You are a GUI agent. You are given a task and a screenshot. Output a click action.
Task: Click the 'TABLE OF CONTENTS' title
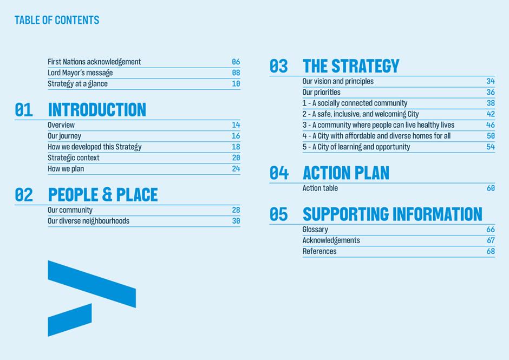pyautogui.click(x=57, y=20)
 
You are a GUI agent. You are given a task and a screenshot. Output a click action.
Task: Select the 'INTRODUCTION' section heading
pyautogui.click(x=97, y=110)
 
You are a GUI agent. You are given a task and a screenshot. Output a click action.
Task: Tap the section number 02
pyautogui.click(x=24, y=195)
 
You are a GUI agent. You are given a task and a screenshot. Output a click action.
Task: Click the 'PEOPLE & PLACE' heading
pyautogui.click(x=103, y=195)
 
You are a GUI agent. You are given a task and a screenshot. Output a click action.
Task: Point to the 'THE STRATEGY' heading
pyautogui.click(x=351, y=66)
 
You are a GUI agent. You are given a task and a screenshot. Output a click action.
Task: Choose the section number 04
pyautogui.click(x=279, y=173)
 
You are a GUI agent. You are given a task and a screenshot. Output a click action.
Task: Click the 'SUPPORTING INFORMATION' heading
pyautogui.click(x=393, y=214)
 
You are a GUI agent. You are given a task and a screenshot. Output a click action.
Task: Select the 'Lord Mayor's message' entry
pyautogui.click(x=80, y=73)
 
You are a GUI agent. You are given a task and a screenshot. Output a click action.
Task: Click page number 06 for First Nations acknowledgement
pyautogui.click(x=236, y=62)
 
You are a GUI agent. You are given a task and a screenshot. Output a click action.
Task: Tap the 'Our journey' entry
pyautogui.click(x=64, y=136)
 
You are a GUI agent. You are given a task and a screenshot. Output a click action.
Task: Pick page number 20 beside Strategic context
pyautogui.click(x=236, y=158)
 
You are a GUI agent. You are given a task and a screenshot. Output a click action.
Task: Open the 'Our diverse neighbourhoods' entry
pyautogui.click(x=88, y=221)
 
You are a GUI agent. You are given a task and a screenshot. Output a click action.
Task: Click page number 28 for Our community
pyautogui.click(x=236, y=210)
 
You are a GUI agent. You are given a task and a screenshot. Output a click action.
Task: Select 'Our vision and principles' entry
pyautogui.click(x=338, y=82)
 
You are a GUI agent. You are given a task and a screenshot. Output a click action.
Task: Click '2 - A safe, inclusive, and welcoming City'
pyautogui.click(x=361, y=114)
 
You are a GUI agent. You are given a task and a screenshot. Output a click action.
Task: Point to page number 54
pyautogui.click(x=491, y=147)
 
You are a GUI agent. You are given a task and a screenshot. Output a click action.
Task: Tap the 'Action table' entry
pyautogui.click(x=320, y=188)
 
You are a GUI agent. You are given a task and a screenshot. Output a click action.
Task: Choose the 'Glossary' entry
pyautogui.click(x=315, y=230)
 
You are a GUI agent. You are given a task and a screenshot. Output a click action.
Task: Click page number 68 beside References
pyautogui.click(x=491, y=251)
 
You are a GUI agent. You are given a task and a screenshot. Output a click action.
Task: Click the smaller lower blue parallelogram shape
pyautogui.click(x=70, y=320)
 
